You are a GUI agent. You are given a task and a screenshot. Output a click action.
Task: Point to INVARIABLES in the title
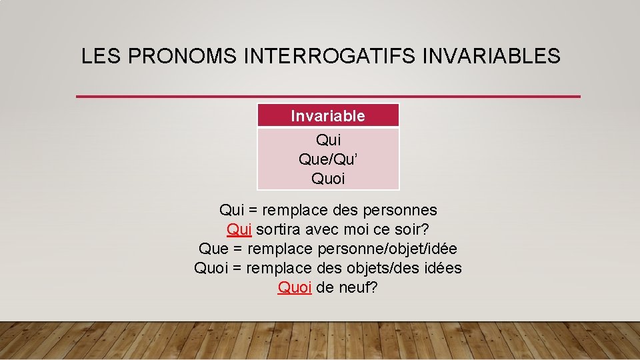(491, 57)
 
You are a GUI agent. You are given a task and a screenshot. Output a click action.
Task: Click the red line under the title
(328, 97)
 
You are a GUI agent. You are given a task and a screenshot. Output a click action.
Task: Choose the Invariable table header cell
(328, 116)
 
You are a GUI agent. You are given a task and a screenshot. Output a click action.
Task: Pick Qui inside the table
(328, 140)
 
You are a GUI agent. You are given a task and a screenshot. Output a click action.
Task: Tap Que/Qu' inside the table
(328, 159)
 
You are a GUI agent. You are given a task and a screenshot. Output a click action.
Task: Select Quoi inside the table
(328, 179)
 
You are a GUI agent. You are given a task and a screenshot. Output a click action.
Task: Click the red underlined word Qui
(239, 230)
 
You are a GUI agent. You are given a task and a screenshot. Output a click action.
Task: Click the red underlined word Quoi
(294, 288)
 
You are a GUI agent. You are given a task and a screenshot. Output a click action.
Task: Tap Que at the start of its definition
(213, 249)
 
